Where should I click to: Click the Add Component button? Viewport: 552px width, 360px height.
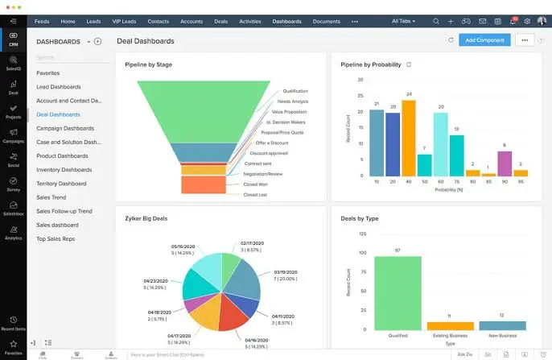coord(484,39)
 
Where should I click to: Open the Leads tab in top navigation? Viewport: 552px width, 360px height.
coord(93,21)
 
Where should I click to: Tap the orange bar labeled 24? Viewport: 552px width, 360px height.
coord(409,137)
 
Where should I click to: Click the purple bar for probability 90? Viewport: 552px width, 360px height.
coord(505,163)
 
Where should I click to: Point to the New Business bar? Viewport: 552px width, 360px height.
coord(501,326)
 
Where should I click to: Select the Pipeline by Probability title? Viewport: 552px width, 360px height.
coord(370,64)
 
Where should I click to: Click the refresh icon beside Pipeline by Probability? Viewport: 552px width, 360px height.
coord(409,64)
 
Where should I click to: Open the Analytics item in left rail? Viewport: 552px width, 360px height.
coord(13,234)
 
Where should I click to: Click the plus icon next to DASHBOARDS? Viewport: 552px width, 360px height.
coord(97,41)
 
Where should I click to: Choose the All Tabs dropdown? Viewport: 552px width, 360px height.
coord(407,21)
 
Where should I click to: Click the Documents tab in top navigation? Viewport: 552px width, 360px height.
coord(326,21)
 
